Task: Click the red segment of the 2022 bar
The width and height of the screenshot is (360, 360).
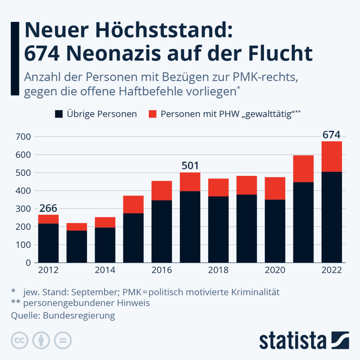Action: [x=332, y=156]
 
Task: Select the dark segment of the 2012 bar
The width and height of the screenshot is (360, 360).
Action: [x=49, y=243]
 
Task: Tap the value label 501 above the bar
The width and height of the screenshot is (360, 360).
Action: [x=190, y=166]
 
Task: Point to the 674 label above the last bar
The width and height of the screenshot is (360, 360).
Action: [x=332, y=135]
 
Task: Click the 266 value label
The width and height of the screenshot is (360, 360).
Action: [x=49, y=208]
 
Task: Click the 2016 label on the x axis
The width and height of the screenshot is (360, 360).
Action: [x=162, y=270]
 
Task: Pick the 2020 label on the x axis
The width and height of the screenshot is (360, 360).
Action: [x=275, y=270]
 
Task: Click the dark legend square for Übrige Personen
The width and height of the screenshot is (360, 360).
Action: [x=59, y=114]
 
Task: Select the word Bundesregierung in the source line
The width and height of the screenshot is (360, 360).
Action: [x=79, y=315]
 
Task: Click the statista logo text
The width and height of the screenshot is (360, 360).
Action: [x=293, y=340]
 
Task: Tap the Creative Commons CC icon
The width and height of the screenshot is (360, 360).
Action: [x=20, y=340]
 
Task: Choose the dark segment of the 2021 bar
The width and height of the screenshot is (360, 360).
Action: [x=303, y=222]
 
